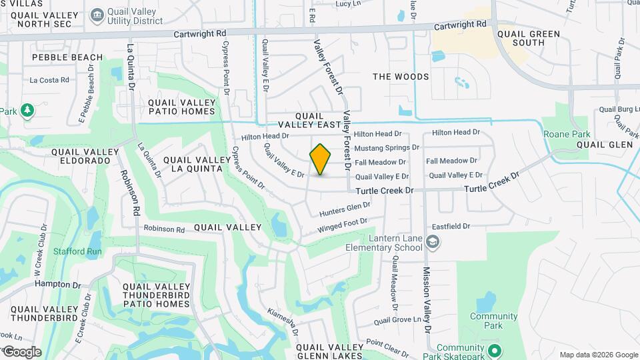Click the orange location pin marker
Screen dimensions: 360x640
pyautogui.click(x=321, y=159)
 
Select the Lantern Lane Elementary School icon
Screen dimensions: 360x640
pyautogui.click(x=433, y=241)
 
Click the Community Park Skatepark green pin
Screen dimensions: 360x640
pyautogui.click(x=494, y=349)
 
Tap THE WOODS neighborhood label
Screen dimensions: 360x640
pyautogui.click(x=401, y=77)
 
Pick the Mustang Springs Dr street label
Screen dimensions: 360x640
pyautogui.click(x=387, y=147)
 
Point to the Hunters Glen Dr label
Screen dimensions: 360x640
pyautogui.click(x=344, y=210)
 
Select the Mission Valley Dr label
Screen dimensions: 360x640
pyautogui.click(x=427, y=300)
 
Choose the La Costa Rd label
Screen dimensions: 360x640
pyautogui.click(x=49, y=80)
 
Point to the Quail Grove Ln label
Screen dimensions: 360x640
pyautogui.click(x=399, y=320)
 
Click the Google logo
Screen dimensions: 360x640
pyautogui.click(x=21, y=352)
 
